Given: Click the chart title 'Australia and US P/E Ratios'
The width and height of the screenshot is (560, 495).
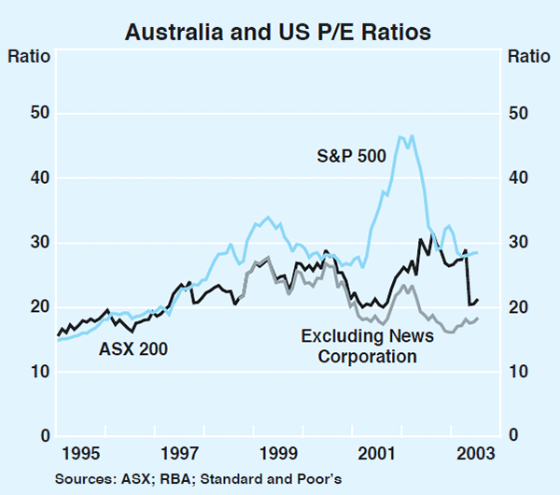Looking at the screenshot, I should click(x=279, y=33).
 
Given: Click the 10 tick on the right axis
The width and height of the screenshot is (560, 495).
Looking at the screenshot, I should click(x=519, y=372).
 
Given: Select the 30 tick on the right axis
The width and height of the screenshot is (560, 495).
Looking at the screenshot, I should click(x=519, y=243).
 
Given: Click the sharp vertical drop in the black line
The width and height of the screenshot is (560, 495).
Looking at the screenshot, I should click(x=468, y=277).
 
